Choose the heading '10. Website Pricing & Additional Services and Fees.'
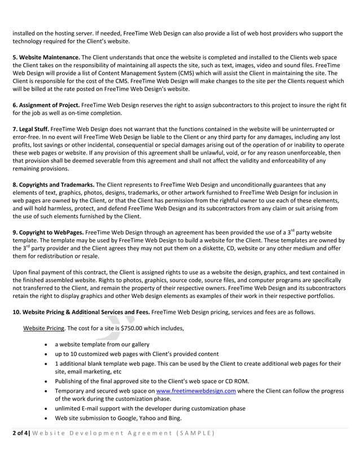tap(80, 311)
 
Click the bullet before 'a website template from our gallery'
tap(45, 344)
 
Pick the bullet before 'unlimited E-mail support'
tap(45, 408)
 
